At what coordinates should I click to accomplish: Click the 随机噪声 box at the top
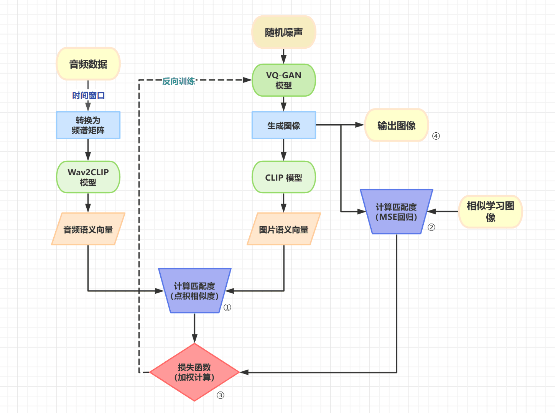click(x=283, y=32)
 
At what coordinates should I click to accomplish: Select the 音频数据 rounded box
click(x=88, y=64)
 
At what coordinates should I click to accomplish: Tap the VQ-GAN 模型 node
click(x=283, y=80)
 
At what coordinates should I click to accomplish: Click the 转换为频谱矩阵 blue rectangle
click(x=88, y=125)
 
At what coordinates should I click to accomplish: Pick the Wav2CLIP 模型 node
click(x=88, y=177)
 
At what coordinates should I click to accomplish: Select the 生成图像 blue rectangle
click(x=283, y=125)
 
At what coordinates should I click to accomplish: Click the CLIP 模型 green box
click(x=283, y=177)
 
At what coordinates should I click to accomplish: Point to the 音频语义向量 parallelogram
click(x=88, y=229)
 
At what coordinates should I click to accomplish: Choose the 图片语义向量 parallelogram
click(x=283, y=229)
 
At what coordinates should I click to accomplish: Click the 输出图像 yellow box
click(x=396, y=125)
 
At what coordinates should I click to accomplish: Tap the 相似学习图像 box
click(x=490, y=211)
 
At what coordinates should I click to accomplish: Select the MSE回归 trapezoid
click(x=396, y=212)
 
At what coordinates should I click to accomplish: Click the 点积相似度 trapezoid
click(x=194, y=291)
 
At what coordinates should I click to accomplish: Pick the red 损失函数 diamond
click(x=194, y=372)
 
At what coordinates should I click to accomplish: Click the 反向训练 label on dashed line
click(x=178, y=81)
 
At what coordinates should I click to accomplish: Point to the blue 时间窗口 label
click(x=88, y=95)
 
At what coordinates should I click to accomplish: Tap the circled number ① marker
click(x=227, y=308)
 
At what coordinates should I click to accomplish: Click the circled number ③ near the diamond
click(x=221, y=395)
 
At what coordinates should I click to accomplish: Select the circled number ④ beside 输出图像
click(x=436, y=136)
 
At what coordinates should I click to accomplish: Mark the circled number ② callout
click(x=431, y=227)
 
